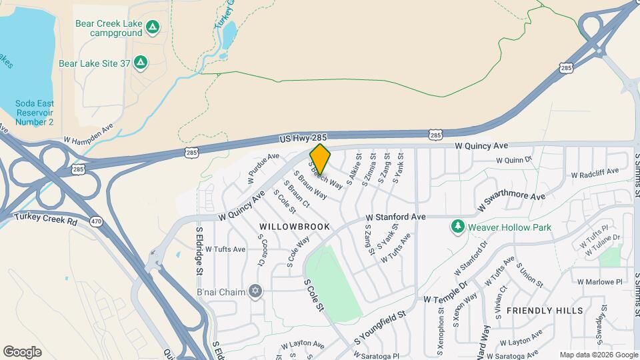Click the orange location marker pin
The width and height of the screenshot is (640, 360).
pos(320,159)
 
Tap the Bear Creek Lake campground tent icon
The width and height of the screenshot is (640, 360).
pos(153,27)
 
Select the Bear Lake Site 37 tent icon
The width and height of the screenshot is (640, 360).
pos(140,63)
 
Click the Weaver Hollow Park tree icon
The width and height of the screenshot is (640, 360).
pos(457,227)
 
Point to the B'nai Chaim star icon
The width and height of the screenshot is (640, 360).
pos(254,291)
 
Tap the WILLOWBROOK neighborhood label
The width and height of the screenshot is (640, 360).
pos(295,227)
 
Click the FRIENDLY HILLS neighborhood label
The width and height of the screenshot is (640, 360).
pos(545,311)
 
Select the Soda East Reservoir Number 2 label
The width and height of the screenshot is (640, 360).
pos(35,113)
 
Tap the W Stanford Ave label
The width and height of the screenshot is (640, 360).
pos(395,217)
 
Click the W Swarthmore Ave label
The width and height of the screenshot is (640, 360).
pos(512,202)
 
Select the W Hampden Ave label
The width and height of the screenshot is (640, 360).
pos(89,134)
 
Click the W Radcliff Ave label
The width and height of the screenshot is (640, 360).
pos(595,175)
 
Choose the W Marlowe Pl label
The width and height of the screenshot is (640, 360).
pos(599,281)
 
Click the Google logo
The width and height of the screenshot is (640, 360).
pos(22,352)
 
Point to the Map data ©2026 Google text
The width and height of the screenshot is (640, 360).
pos(598,355)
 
